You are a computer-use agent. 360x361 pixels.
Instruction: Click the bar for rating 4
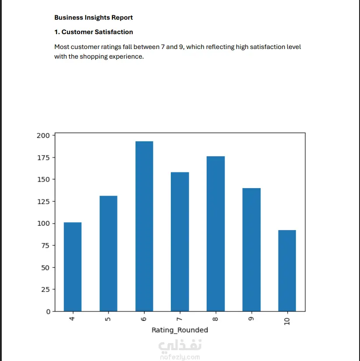pyautogui.click(x=73, y=267)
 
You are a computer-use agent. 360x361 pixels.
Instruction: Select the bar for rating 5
pyautogui.click(x=108, y=254)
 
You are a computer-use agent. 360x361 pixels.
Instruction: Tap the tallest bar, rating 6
pyautogui.click(x=144, y=227)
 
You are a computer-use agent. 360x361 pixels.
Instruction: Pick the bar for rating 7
pyautogui.click(x=180, y=242)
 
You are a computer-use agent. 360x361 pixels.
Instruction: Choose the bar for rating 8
pyautogui.click(x=216, y=234)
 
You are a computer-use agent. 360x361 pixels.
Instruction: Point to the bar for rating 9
pyautogui.click(x=251, y=250)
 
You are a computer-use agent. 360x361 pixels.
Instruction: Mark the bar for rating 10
pyautogui.click(x=287, y=271)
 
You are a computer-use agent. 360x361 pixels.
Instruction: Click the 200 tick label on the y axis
pyautogui.click(x=43, y=135)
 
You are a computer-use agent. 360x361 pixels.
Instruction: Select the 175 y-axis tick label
pyautogui.click(x=43, y=158)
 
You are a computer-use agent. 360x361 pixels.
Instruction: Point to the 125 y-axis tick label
pyautogui.click(x=43, y=202)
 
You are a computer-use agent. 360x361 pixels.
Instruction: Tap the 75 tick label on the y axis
pyautogui.click(x=45, y=245)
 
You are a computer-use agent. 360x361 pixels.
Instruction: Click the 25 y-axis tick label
pyautogui.click(x=45, y=290)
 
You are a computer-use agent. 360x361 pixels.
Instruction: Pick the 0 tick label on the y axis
pyautogui.click(x=48, y=312)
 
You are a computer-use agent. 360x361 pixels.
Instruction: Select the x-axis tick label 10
pyautogui.click(x=287, y=321)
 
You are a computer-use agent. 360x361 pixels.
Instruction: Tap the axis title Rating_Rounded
pyautogui.click(x=180, y=330)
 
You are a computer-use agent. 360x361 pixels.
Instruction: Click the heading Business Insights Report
pyautogui.click(x=93, y=18)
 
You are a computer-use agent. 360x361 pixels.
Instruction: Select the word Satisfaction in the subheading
pyautogui.click(x=113, y=32)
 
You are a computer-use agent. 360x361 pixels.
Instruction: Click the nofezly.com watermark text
pyautogui.click(x=180, y=357)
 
